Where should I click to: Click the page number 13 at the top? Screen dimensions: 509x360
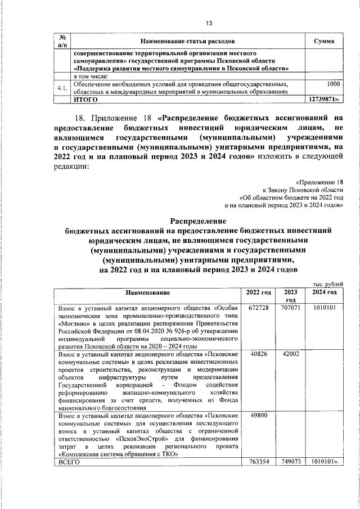tap(209, 23)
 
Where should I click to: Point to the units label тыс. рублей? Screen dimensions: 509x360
tap(325, 286)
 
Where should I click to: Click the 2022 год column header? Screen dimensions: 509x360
tap(259, 292)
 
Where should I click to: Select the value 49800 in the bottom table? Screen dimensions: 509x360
tap(258, 416)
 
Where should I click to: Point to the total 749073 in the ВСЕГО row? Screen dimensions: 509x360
tap(291, 462)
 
